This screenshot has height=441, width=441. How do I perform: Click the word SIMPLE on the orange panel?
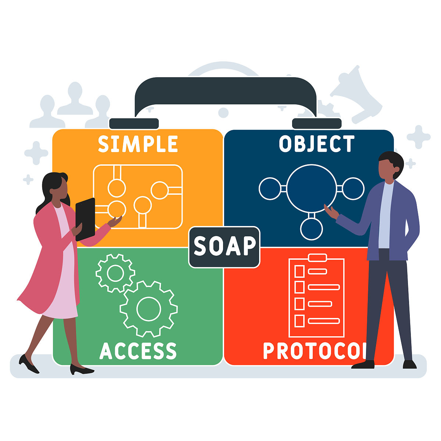[138, 144]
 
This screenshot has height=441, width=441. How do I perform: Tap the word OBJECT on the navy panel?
[317, 144]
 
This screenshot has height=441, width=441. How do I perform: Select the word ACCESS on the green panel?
[138, 351]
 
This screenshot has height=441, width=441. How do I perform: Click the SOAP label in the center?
[225, 247]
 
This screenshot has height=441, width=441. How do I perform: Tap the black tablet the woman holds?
[85, 219]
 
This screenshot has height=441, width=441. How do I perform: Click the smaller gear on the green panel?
[115, 273]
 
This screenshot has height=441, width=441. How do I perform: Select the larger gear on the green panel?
[148, 309]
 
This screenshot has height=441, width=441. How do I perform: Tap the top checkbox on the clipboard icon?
[300, 272]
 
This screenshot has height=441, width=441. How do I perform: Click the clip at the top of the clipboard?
[318, 258]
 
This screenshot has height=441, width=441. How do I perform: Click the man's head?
[391, 166]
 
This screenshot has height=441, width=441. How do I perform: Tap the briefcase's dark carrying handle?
[225, 92]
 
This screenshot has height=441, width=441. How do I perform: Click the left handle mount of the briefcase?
[134, 123]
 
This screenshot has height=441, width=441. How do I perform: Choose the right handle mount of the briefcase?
[317, 123]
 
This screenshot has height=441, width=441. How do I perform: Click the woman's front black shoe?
[81, 369]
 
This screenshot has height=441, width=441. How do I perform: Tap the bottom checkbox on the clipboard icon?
[300, 321]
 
